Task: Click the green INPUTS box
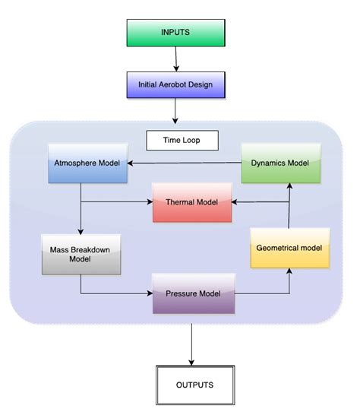point(176,33)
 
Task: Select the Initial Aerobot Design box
point(176,83)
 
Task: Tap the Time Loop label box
point(182,141)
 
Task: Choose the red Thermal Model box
point(192,201)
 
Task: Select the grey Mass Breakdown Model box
point(81,253)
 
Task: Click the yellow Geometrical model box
point(290,247)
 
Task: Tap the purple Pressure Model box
point(194,292)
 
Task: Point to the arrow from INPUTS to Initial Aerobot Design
point(175,58)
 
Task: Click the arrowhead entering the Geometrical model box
point(289,271)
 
